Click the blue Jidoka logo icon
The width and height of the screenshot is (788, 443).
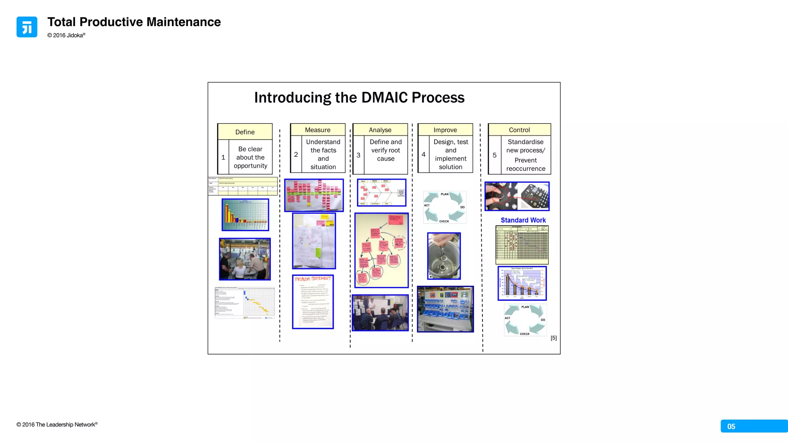click(27, 27)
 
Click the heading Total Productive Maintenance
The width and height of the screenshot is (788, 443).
click(134, 22)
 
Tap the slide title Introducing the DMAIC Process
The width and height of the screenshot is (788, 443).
click(359, 98)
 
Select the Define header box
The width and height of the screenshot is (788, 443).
click(245, 132)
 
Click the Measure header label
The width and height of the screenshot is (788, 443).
click(317, 130)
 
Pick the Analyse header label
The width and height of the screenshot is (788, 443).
click(380, 130)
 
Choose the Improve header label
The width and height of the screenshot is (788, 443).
click(445, 130)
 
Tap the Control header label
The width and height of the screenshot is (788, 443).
click(519, 130)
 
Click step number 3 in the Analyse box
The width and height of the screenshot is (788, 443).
click(358, 155)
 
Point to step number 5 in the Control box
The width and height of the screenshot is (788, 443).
click(494, 155)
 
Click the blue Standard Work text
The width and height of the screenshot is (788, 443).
click(523, 220)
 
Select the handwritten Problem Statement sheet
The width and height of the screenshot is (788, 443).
click(313, 301)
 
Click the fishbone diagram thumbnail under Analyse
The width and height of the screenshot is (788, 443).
click(381, 192)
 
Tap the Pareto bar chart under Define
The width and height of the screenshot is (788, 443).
click(245, 215)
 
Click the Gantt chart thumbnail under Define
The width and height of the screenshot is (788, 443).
click(245, 303)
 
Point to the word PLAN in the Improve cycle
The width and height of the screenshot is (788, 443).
click(444, 194)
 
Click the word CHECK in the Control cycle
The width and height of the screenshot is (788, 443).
click(524, 334)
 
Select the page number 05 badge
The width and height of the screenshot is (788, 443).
click(731, 426)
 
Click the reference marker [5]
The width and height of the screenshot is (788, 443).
click(553, 338)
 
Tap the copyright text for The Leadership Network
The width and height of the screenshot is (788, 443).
click(57, 425)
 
